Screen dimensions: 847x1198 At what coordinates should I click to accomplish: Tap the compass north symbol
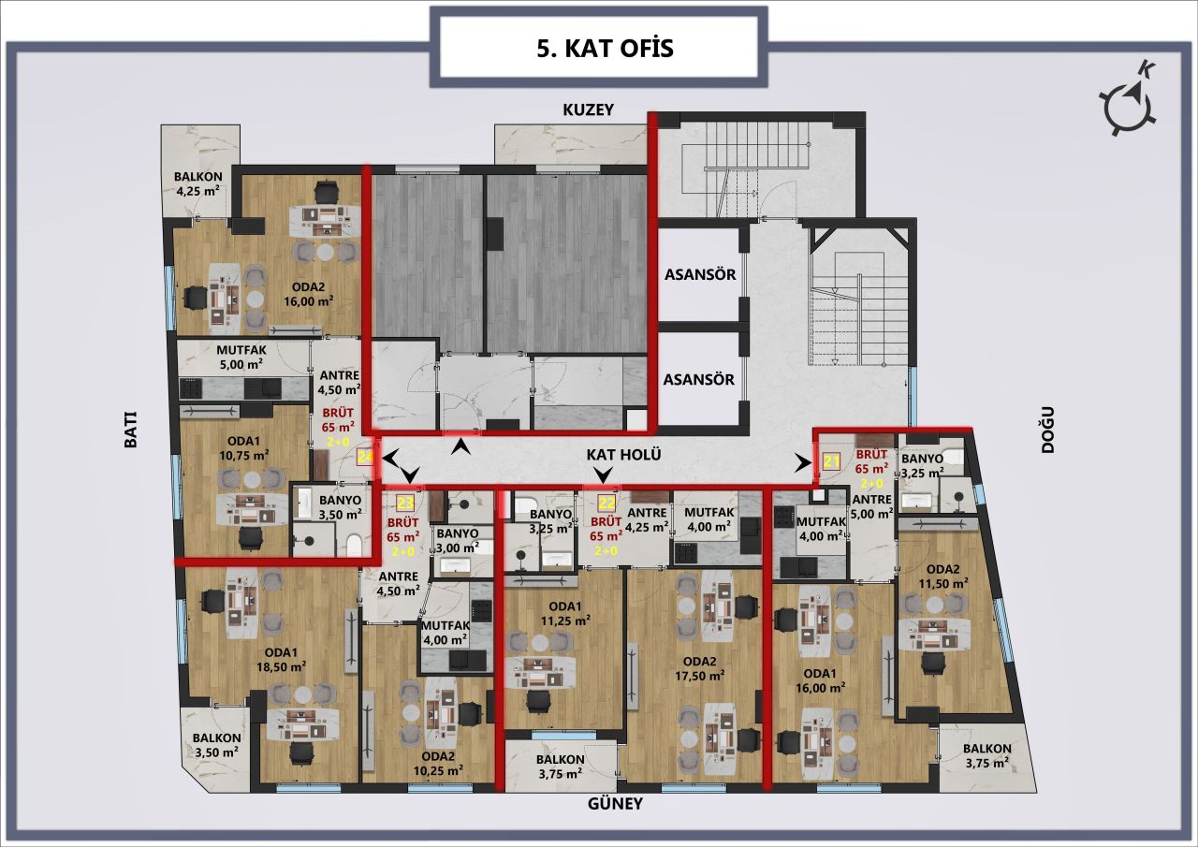(1132, 106)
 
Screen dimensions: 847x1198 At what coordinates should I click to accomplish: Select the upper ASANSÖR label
(699, 275)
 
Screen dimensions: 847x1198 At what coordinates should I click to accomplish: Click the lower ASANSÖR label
(699, 380)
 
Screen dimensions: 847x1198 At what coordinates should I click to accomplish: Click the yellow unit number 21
(831, 460)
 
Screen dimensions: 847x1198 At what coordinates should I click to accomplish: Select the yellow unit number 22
(606, 502)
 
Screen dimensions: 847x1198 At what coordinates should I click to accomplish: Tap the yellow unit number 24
(365, 457)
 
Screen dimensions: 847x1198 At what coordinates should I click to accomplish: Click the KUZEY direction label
(588, 110)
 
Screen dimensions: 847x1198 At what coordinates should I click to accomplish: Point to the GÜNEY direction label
(616, 804)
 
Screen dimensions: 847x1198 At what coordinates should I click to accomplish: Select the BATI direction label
(131, 431)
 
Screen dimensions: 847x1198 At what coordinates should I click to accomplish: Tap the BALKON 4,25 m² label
(197, 183)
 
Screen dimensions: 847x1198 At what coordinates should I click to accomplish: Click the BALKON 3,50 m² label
(217, 744)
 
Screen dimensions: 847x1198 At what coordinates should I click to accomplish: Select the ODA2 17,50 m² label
(701, 666)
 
